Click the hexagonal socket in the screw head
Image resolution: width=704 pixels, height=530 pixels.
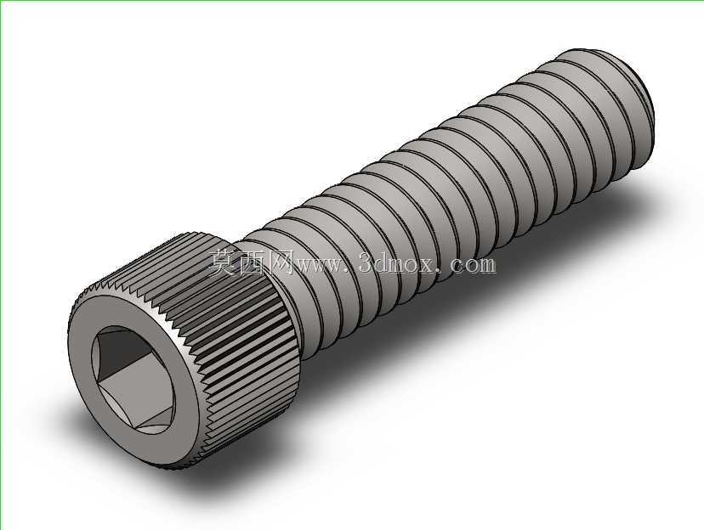(133, 380)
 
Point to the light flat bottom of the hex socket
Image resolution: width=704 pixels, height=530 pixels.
(139, 395)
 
